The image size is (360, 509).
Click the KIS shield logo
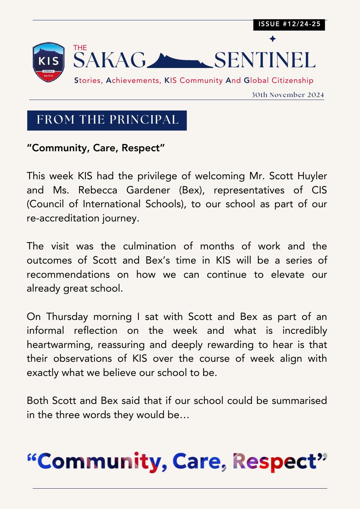click(x=48, y=62)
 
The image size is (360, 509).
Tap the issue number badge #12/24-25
click(x=289, y=24)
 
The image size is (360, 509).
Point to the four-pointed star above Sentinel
click(x=272, y=39)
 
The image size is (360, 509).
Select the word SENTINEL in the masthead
click(x=264, y=60)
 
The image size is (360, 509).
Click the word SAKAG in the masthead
click(x=109, y=60)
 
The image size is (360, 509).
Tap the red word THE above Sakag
click(x=80, y=48)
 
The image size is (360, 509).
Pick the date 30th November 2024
click(x=287, y=95)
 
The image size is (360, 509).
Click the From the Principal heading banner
click(x=107, y=120)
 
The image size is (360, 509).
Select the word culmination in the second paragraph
click(x=149, y=246)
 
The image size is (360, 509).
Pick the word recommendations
click(x=68, y=274)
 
